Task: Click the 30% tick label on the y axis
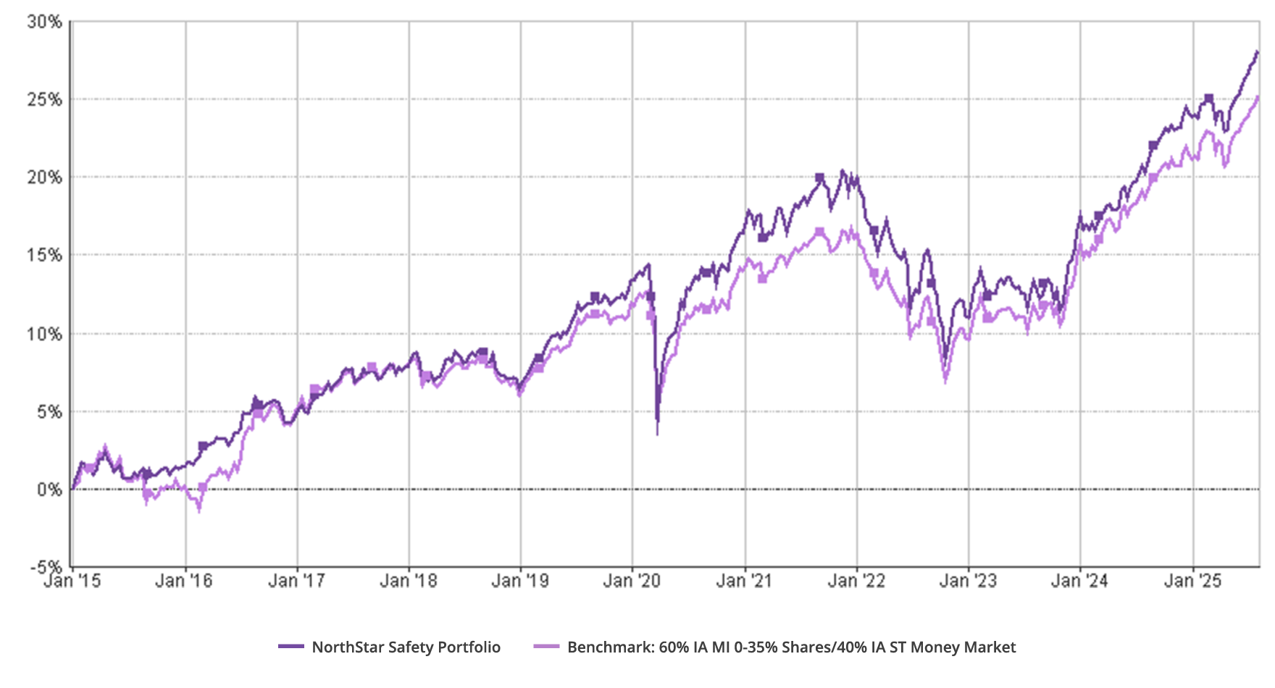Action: point(45,22)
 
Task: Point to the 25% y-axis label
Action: point(45,99)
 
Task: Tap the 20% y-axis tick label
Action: point(45,177)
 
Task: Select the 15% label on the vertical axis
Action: point(45,256)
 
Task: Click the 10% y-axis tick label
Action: point(45,334)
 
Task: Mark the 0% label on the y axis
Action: point(49,490)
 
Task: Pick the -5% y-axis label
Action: point(46,567)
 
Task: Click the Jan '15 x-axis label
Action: point(72,580)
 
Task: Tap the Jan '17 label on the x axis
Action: point(296,580)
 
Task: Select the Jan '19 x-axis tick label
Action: point(520,580)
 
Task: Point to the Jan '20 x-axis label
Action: point(632,580)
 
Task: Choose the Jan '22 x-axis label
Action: point(856,580)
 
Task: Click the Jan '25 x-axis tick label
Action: point(1192,580)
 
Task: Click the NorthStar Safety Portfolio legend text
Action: point(406,647)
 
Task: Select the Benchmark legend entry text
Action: point(791,647)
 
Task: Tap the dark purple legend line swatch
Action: point(291,647)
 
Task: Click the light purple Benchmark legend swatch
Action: point(547,647)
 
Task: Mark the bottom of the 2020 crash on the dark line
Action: point(657,420)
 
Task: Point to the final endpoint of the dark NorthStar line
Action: point(1258,52)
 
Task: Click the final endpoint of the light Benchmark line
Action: point(1258,98)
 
